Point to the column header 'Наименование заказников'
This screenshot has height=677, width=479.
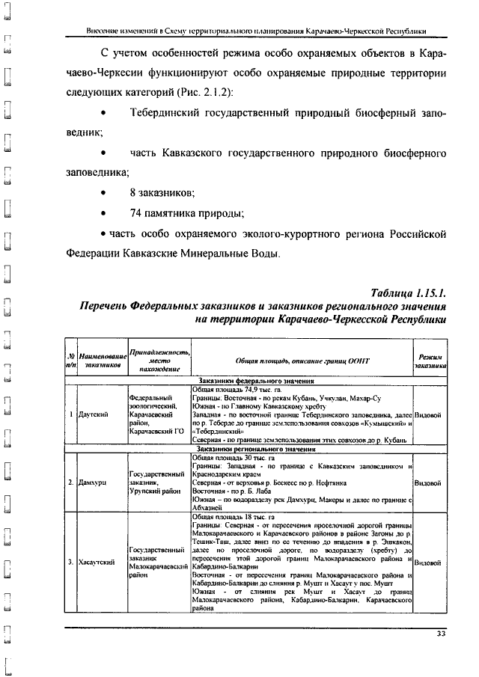click(103, 361)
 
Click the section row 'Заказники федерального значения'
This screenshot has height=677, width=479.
click(260, 382)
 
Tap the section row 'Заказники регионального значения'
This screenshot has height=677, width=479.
click(260, 449)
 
